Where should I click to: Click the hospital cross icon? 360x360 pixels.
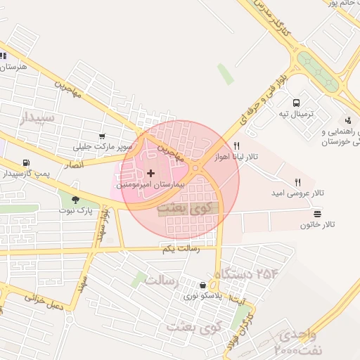point(151,172)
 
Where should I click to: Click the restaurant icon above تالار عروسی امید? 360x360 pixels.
point(298,182)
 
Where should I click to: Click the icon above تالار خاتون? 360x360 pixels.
point(318,213)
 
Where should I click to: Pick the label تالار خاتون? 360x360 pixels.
point(318,224)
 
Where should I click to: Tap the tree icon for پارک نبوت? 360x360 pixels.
point(75,199)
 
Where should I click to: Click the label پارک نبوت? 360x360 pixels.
point(75,210)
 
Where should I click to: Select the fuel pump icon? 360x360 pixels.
point(27,162)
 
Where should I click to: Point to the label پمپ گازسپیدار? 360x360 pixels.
point(25,173)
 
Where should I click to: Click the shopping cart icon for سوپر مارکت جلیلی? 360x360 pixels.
point(103,136)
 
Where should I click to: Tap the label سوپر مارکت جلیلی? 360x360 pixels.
point(103,148)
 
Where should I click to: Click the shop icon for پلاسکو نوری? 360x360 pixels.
point(203,285)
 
